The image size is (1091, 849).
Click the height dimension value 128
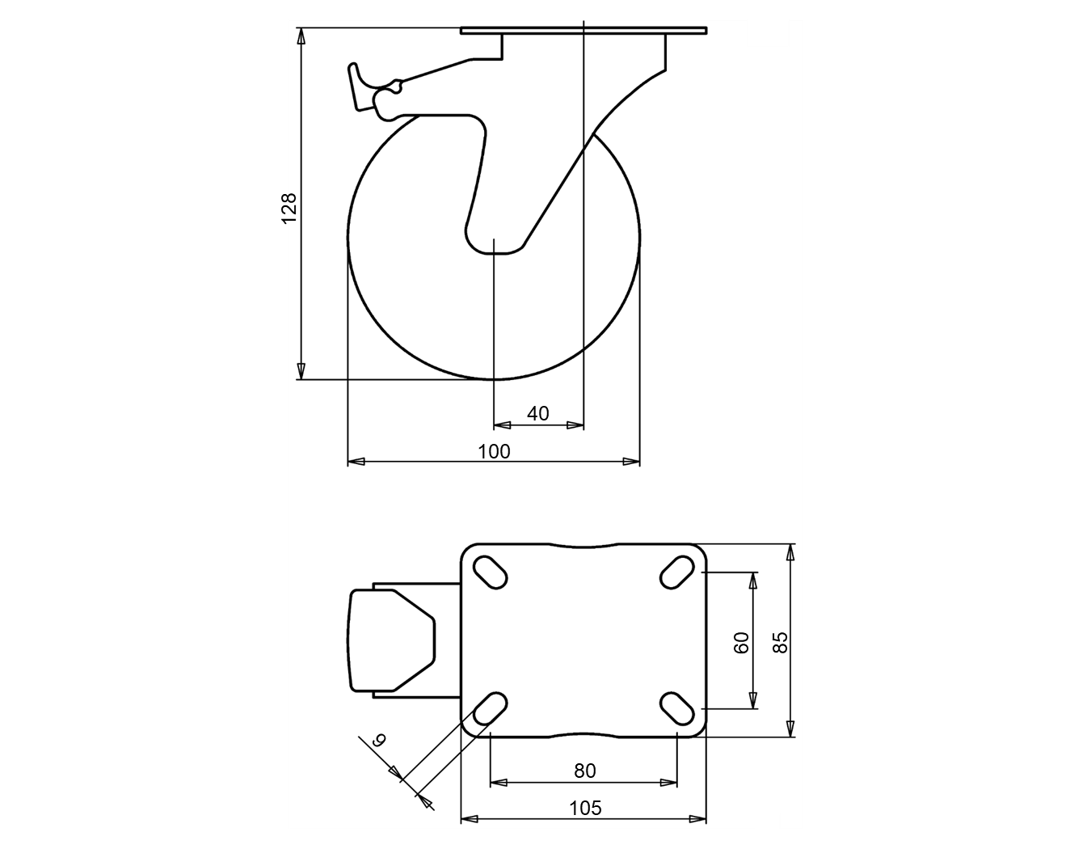click(289, 208)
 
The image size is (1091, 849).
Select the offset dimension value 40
click(537, 413)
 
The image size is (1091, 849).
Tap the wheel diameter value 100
click(494, 452)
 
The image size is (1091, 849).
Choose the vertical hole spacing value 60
click(742, 643)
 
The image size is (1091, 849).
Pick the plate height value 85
click(780, 643)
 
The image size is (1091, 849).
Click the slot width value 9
click(380, 740)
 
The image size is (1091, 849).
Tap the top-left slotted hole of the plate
click(490, 572)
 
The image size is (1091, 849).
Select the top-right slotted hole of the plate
click(676, 572)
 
